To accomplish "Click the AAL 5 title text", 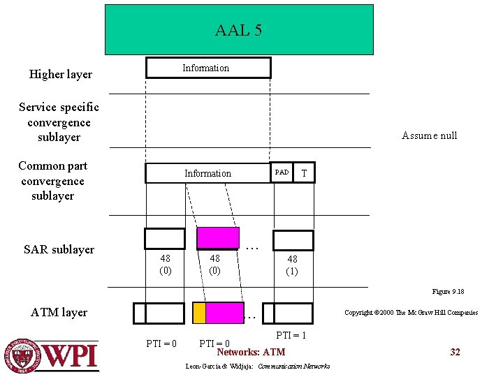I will point(238,31).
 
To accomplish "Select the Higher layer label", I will point(60,74).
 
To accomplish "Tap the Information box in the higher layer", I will point(207,68).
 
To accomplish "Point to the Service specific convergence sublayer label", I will point(59,122).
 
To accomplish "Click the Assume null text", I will point(429,135).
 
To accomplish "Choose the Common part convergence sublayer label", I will point(53,181).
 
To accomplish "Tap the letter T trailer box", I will point(303,172).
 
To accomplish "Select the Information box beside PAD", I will point(207,173).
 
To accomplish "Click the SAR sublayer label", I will point(59,249).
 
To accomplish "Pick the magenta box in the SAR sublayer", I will point(218,238).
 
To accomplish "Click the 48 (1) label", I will point(292,265).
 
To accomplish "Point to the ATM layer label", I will point(59,312).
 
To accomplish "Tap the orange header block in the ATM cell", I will point(199,313).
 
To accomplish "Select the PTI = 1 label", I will point(291,336).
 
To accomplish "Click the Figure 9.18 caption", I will point(448,291).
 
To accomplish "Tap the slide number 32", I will point(455,352).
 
